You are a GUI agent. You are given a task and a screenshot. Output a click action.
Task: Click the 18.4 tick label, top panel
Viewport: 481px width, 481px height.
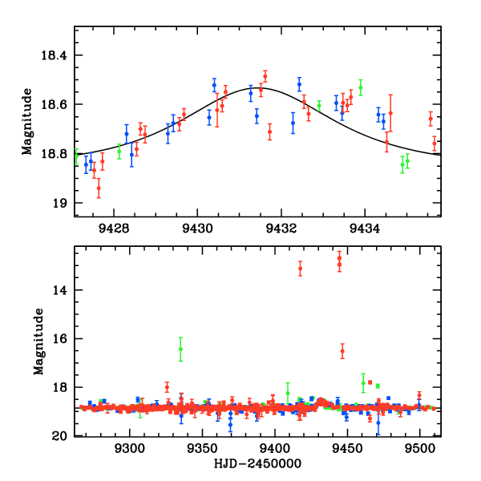pyautogui.click(x=58, y=56)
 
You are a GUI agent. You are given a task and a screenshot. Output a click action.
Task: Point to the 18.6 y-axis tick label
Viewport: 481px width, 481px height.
pyautogui.click(x=58, y=105)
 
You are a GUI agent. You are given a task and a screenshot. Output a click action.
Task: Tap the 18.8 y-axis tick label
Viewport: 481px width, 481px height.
pyautogui.click(x=58, y=154)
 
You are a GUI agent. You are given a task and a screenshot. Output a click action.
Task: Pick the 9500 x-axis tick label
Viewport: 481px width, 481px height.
pyautogui.click(x=419, y=448)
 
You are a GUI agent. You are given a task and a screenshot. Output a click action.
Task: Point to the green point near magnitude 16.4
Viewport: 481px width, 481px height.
pyautogui.click(x=180, y=349)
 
